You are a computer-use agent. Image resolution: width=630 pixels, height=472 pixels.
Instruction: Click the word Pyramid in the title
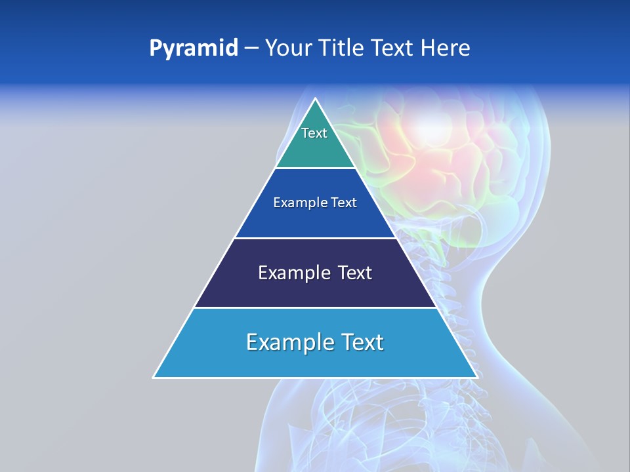coord(193,49)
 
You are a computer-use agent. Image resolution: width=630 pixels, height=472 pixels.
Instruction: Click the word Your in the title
coord(287,49)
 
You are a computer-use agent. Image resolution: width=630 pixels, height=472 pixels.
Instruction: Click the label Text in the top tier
coord(314,133)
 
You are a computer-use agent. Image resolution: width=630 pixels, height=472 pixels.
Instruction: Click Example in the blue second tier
coord(293,203)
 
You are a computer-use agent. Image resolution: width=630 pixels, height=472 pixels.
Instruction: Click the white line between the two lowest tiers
coord(315,307)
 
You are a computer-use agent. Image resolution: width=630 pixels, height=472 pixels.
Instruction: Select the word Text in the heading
coord(392,49)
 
